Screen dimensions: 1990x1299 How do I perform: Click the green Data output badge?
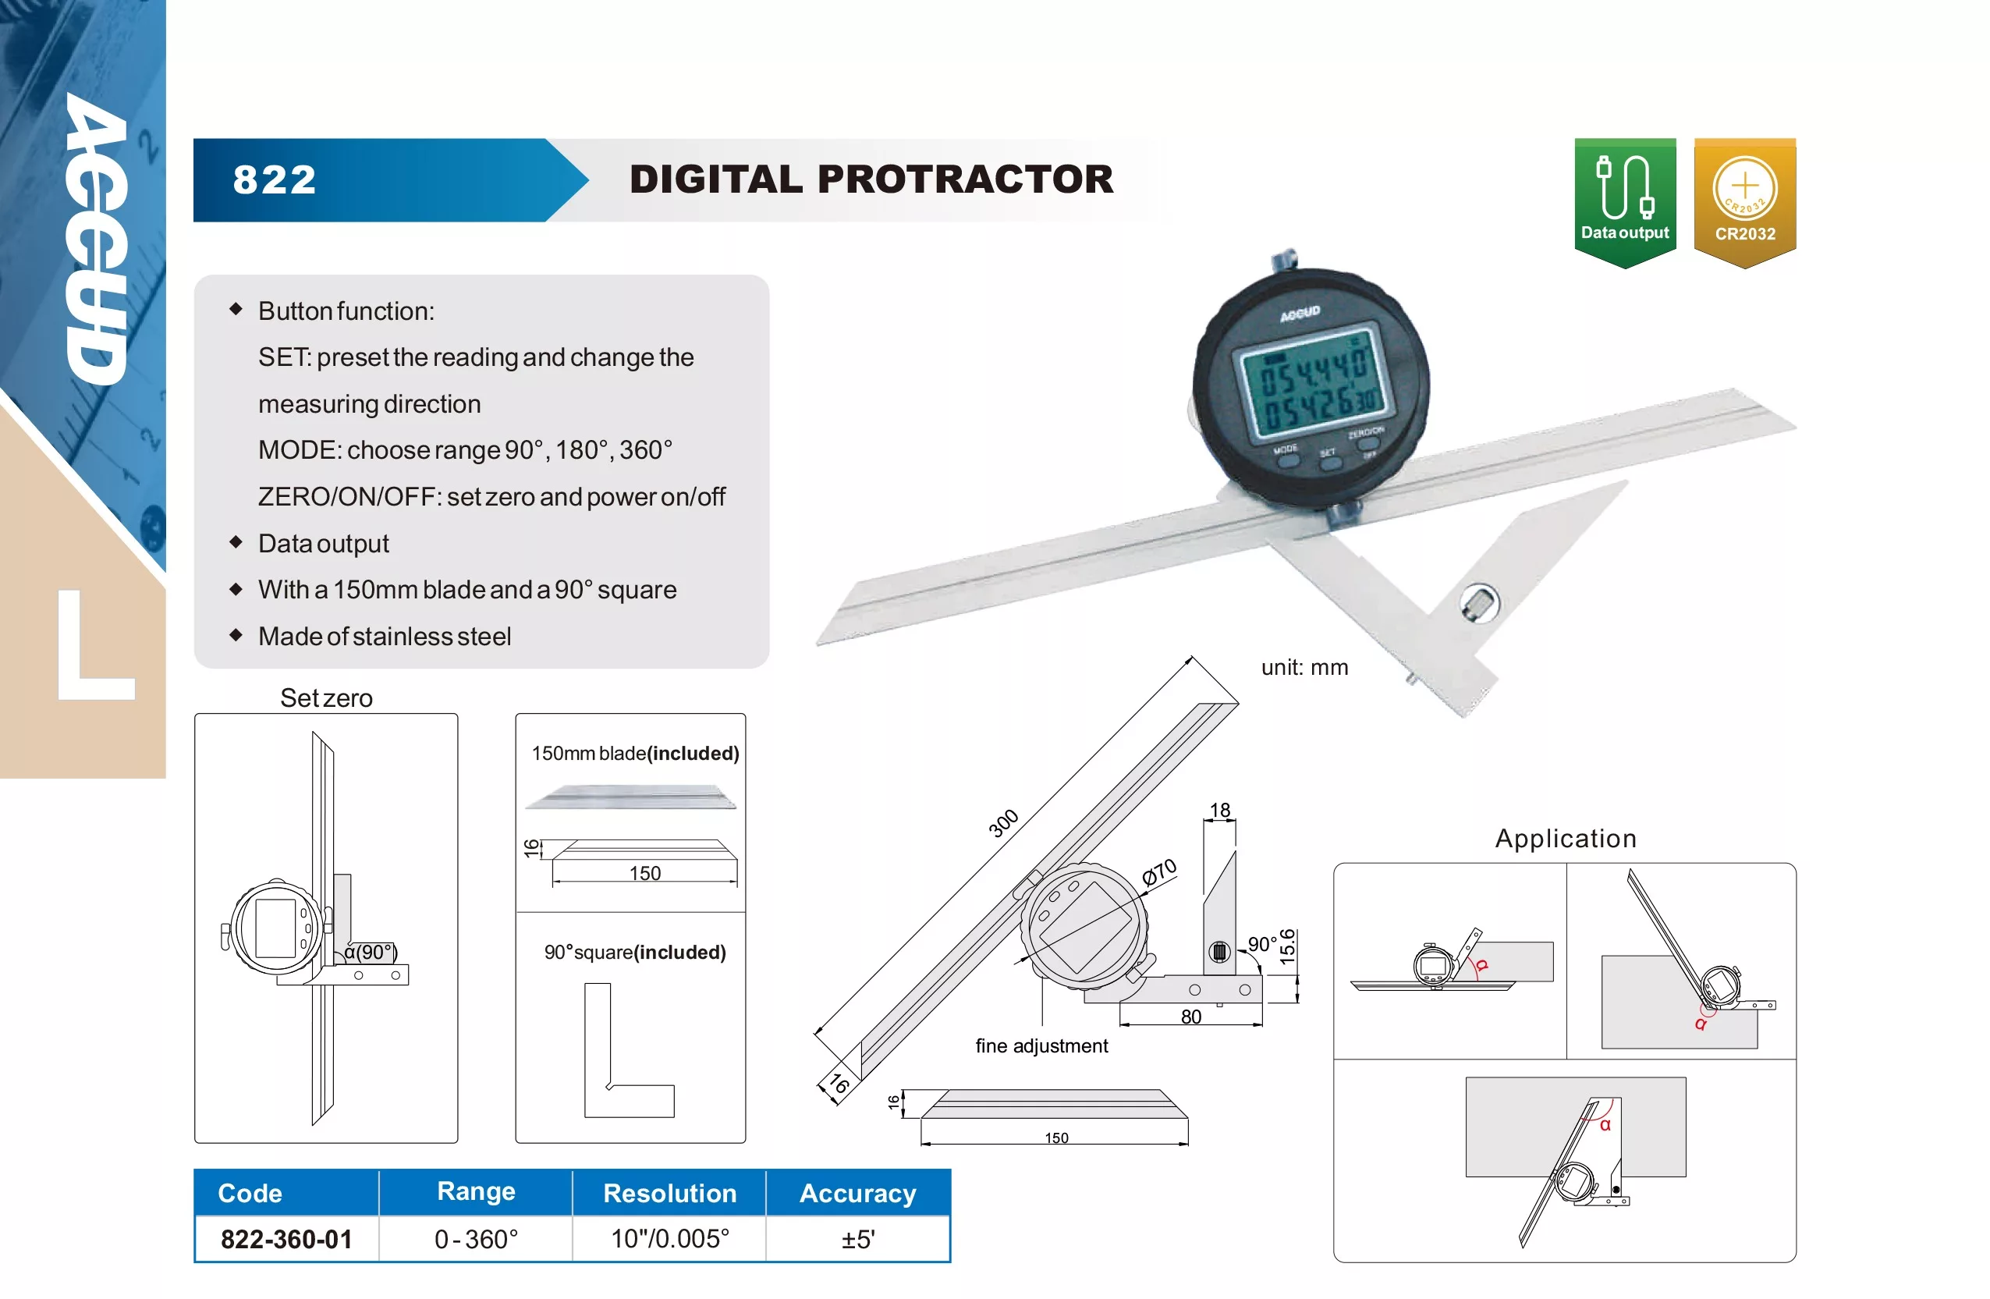pos(1625,202)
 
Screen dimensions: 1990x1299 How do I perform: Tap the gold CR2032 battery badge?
pos(1745,202)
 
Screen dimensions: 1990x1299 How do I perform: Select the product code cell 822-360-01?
pos(287,1239)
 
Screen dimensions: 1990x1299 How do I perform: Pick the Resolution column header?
pos(670,1193)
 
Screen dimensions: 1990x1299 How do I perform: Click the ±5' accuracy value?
pos(858,1239)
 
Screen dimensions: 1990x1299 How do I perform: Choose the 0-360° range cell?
pos(476,1239)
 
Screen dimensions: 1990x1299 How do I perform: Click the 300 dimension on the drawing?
pos(1003,823)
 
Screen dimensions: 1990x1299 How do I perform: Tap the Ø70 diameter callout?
pos(1160,871)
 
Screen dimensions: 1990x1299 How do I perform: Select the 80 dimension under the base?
pos(1190,1017)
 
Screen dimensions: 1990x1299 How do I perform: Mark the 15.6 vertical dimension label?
pos(1288,946)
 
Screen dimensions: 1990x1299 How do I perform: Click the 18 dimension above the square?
pos(1220,810)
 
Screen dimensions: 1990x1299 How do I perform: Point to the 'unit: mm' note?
pos(1304,668)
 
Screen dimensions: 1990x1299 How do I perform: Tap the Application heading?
pos(1566,838)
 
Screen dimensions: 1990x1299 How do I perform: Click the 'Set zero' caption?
pos(326,697)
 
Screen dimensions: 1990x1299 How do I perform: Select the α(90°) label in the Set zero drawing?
pos(371,952)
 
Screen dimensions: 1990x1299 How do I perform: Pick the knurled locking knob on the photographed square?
pos(1479,604)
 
